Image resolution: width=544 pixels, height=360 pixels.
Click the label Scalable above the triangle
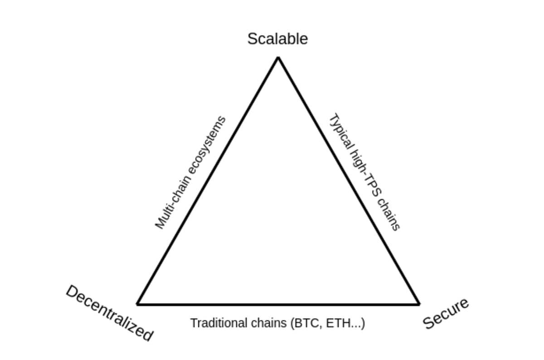[277, 39]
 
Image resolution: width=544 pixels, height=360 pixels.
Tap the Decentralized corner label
[109, 313]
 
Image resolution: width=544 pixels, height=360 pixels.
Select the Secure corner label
[446, 313]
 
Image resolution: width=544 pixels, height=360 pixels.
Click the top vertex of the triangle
[278, 58]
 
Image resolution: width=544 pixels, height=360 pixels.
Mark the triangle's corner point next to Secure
[418, 304]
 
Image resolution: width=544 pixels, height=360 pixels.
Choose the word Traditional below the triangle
[215, 323]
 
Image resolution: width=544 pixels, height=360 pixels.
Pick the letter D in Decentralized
[71, 292]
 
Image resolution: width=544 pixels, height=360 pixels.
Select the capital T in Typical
[332, 119]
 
